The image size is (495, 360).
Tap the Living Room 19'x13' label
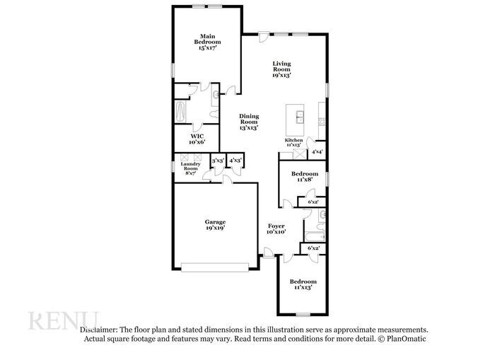(281, 69)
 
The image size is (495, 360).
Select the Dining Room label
(248, 122)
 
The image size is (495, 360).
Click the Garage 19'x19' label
(216, 226)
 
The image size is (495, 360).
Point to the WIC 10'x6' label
(198, 139)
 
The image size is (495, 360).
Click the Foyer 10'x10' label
(276, 228)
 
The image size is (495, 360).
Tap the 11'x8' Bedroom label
(305, 177)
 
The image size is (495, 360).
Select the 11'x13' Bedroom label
(302, 284)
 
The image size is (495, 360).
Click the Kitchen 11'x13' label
(293, 142)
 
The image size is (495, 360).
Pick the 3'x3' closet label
(218, 161)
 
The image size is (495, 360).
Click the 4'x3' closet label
(235, 161)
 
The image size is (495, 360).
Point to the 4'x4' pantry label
(317, 151)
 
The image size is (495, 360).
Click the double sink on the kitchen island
(299, 116)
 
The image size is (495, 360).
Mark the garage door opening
(215, 267)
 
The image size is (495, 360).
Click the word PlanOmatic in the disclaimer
(407, 339)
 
